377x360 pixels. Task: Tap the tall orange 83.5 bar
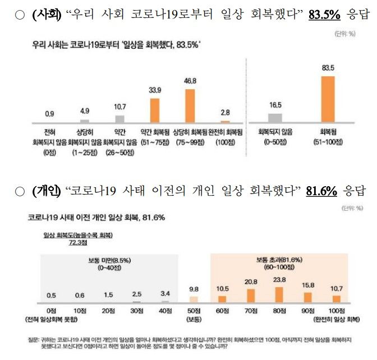point(328,99)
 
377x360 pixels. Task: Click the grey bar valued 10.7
point(119,119)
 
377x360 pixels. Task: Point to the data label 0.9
point(49,114)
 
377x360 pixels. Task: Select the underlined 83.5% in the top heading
point(321,14)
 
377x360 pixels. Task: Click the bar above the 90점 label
point(308,297)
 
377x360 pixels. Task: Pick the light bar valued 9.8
point(193,299)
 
